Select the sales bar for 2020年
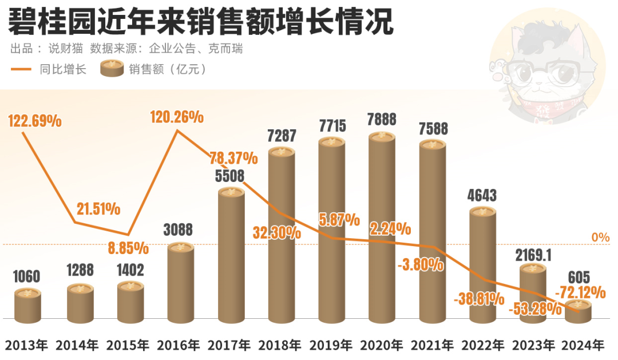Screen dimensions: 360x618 (381, 229)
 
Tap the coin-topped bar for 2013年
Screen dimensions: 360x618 (27, 306)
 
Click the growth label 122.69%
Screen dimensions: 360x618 (35, 121)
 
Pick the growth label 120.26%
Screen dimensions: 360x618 (177, 117)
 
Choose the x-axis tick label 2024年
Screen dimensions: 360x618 (583, 345)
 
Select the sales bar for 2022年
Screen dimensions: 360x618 (482, 266)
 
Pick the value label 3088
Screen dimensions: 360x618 (179, 230)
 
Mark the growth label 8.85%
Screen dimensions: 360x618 (129, 248)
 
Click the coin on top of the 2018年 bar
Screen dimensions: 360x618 (281, 152)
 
